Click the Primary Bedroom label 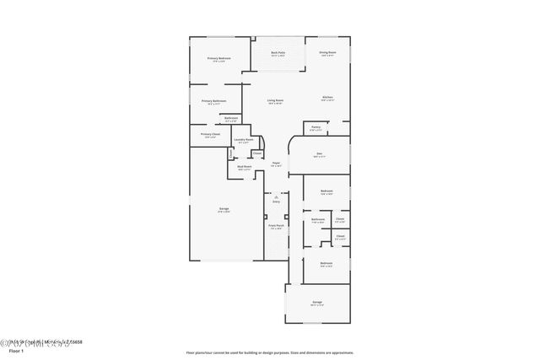(219, 59)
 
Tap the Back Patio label (278, 54)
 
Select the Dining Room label (327, 54)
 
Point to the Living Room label (275, 101)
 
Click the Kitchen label (327, 98)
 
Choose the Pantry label (316, 127)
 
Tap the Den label (318, 154)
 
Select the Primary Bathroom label (213, 102)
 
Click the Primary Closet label (210, 135)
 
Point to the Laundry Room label (243, 140)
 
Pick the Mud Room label (245, 167)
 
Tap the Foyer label (275, 164)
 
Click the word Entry (276, 202)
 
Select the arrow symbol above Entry (276, 196)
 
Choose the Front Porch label (276, 226)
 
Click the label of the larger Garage (224, 209)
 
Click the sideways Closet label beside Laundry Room (230, 154)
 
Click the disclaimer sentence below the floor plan (269, 352)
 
